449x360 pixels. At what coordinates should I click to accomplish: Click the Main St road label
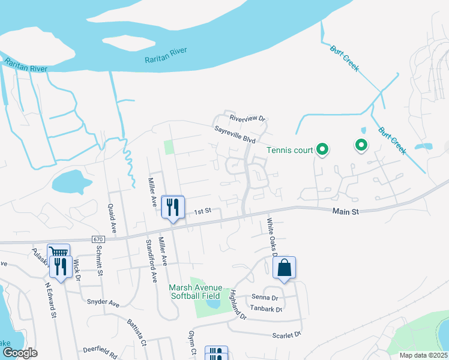pos(345,212)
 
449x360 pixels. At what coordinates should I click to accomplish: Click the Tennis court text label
pos(291,150)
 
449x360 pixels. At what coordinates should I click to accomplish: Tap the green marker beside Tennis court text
pos(322,149)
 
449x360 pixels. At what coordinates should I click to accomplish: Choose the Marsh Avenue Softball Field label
pos(197,290)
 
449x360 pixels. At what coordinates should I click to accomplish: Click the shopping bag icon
pos(285,268)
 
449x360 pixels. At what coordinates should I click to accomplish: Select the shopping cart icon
pos(58,254)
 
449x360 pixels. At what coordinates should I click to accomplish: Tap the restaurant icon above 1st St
pos(173,208)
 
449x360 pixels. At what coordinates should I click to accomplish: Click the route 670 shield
pos(98,239)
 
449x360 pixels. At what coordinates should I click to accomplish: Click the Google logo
pos(19,353)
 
